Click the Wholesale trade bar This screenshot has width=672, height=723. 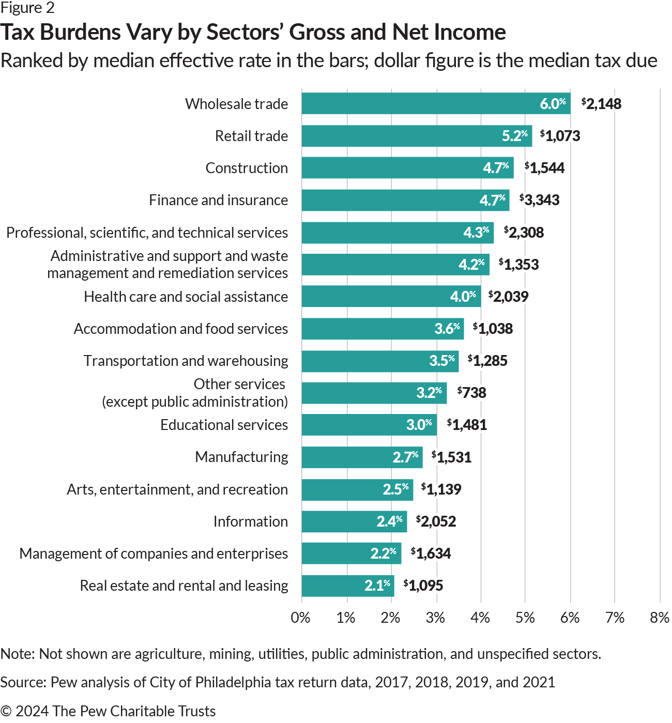coord(436,103)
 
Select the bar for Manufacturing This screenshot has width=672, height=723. coord(362,457)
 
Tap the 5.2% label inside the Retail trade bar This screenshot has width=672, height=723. coord(514,136)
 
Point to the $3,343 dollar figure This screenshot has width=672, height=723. coord(539,200)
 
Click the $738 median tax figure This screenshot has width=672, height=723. coord(471,393)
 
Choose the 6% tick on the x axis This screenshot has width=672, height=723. coord(570,618)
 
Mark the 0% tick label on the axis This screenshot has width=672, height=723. coord(301,618)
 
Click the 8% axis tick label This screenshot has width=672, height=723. coord(660,618)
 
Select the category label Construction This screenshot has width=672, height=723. coord(247,168)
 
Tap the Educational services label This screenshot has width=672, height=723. coord(224,425)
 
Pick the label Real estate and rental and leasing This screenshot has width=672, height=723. coord(184,586)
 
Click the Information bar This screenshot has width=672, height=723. coord(354,521)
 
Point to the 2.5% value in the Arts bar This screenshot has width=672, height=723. coord(395,489)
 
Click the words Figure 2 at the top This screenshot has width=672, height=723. coord(27,8)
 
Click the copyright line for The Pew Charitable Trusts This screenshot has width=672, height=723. coord(108,711)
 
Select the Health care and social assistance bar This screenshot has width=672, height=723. coord(391,297)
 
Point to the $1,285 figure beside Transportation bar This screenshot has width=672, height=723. coord(487,361)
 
